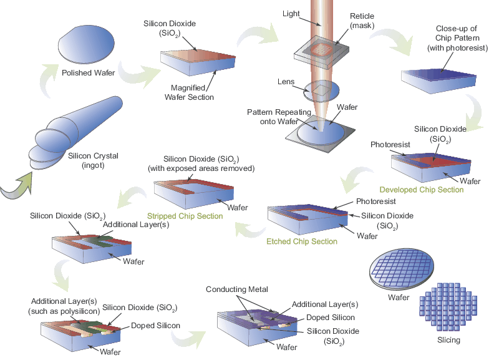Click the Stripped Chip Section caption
[185, 216]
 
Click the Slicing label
[448, 340]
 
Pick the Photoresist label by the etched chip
[375, 202]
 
